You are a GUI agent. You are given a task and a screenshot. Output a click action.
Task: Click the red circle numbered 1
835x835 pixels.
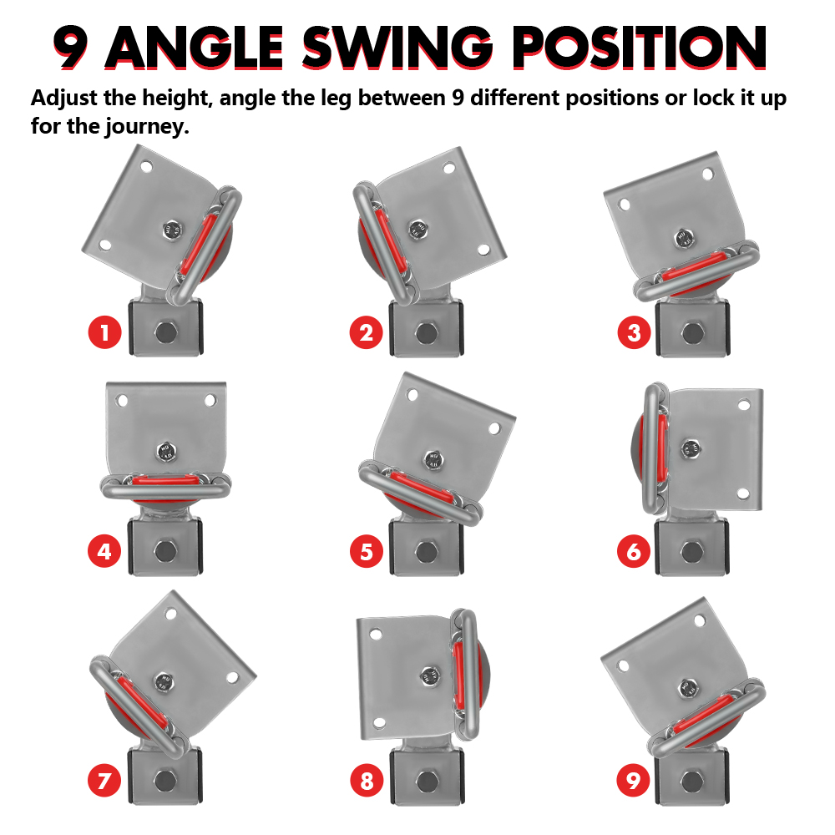click(x=104, y=333)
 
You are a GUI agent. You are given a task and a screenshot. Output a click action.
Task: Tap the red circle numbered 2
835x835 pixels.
click(x=366, y=333)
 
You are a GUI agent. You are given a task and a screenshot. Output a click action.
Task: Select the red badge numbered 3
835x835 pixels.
click(x=634, y=333)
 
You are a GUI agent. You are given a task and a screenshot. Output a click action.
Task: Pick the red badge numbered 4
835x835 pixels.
click(x=104, y=551)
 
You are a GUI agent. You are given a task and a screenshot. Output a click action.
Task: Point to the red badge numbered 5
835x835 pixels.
click(x=367, y=551)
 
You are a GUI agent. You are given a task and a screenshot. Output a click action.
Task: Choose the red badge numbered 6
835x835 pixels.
click(x=634, y=551)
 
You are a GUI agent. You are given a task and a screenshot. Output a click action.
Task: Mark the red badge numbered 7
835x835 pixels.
click(x=104, y=781)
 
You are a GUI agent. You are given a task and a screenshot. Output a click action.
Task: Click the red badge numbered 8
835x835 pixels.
click(x=367, y=781)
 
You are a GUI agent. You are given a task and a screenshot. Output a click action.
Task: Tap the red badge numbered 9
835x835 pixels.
click(x=633, y=781)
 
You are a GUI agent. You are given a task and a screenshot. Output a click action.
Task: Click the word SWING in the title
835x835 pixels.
click(x=397, y=48)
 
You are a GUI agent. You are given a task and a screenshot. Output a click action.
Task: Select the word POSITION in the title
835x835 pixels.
click(x=640, y=48)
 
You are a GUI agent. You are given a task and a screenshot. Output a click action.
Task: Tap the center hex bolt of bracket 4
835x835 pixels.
click(x=165, y=452)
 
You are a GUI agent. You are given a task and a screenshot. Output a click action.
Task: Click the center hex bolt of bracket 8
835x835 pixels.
click(x=430, y=676)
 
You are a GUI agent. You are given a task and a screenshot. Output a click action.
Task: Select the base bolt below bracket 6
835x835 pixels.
click(x=691, y=552)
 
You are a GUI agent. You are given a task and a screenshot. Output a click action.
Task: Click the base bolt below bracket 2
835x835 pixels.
click(x=426, y=333)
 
